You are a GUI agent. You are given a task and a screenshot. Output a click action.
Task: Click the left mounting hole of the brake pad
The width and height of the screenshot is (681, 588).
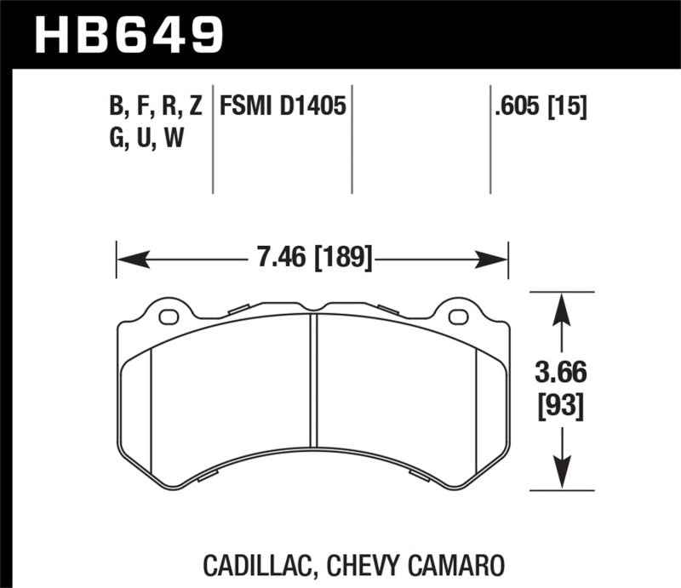click(x=169, y=318)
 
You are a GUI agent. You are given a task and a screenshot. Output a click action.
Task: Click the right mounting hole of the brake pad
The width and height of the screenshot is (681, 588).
click(x=457, y=318)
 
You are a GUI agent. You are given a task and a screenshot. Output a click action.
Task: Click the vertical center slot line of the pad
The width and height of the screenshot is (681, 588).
click(x=314, y=383)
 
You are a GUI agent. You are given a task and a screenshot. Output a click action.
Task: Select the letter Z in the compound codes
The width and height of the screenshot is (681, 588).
click(x=196, y=106)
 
